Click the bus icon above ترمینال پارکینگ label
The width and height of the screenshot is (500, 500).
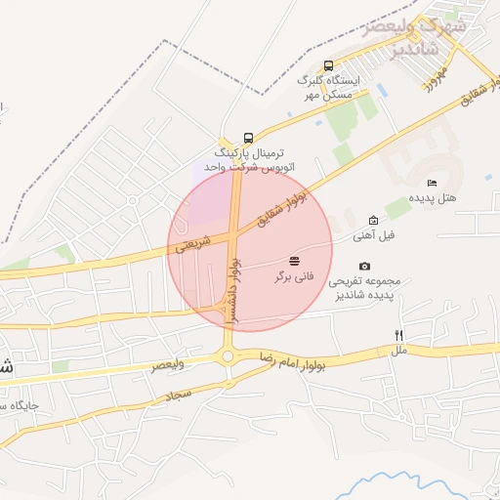[x=248, y=138]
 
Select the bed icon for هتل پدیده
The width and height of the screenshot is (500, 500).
[x=431, y=183]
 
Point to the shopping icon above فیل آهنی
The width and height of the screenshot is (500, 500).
[x=373, y=221]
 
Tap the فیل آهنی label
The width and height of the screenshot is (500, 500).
[x=376, y=235]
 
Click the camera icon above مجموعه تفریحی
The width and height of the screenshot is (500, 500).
[x=365, y=266]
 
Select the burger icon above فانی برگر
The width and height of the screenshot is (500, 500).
[x=294, y=261]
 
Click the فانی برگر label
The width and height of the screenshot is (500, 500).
[x=294, y=276]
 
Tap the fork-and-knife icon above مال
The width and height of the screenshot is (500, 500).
[x=398, y=335]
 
